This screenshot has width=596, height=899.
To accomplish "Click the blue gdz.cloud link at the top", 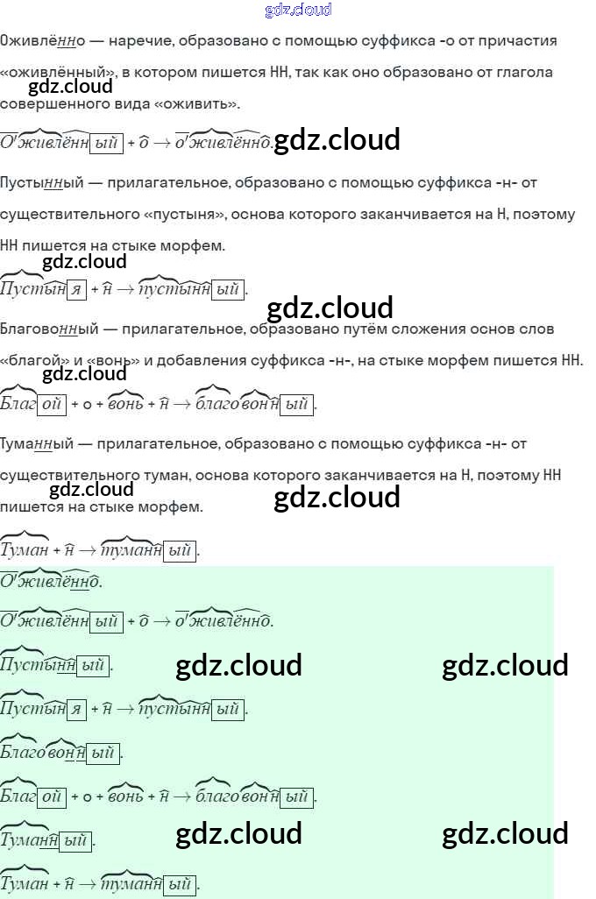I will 298,11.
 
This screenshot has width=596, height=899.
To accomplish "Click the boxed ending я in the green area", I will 76,710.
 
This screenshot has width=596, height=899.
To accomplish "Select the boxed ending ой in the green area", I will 53,796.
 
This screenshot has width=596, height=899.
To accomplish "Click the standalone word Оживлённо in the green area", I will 51,581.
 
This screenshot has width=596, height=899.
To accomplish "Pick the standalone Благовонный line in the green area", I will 59,753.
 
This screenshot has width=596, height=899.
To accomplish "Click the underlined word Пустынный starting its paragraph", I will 42,183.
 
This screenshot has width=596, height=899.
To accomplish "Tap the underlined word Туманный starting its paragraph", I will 40,444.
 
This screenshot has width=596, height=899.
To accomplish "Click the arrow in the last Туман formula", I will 88,884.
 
